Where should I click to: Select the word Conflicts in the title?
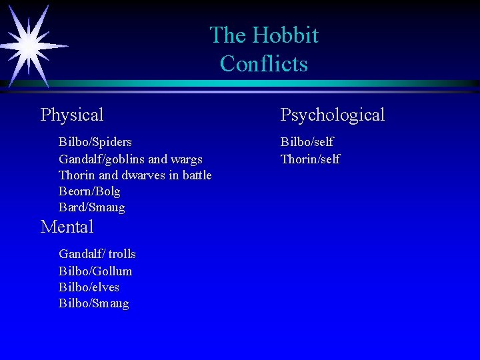click(264, 64)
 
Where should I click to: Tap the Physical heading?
click(72, 115)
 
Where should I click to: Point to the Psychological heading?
click(333, 115)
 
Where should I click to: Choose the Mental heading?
click(67, 227)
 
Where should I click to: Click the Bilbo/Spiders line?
click(95, 142)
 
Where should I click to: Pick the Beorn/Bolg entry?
click(89, 191)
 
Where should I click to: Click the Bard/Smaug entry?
click(91, 207)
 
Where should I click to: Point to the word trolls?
click(122, 254)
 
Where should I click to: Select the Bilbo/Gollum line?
click(95, 271)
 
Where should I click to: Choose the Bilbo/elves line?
click(89, 287)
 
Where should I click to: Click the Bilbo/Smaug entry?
click(94, 303)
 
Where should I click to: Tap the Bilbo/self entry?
click(307, 142)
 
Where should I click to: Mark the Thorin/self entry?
click(310, 159)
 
